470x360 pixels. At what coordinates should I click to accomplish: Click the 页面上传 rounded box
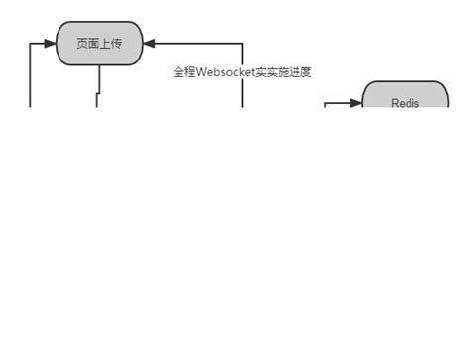click(x=99, y=44)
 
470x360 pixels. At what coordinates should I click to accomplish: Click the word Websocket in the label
click(x=226, y=73)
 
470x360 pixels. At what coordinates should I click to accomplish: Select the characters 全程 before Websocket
click(x=184, y=73)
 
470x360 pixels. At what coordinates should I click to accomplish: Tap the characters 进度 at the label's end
click(x=300, y=73)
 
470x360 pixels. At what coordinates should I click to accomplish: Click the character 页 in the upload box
click(x=82, y=44)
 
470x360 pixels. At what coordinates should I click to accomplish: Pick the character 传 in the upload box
click(x=116, y=44)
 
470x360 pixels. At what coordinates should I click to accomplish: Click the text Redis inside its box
click(x=405, y=103)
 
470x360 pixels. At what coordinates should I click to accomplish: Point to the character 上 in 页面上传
click(x=105, y=44)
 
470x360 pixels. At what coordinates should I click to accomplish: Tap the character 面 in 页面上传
click(x=93, y=44)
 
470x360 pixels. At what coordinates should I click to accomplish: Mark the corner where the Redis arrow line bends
click(x=326, y=102)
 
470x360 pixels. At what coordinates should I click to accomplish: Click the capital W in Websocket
click(x=201, y=73)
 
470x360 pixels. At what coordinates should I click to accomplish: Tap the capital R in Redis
click(x=395, y=103)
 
